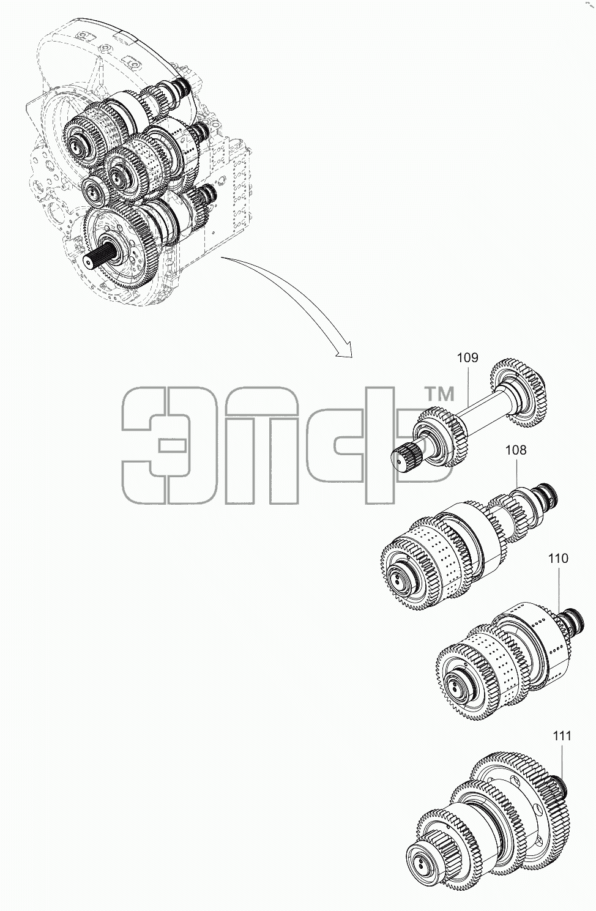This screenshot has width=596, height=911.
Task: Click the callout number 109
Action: [467, 358]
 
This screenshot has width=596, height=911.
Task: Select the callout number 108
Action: [516, 450]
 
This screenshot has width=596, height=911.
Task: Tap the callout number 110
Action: [558, 559]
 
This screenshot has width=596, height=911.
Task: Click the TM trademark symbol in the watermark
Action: [439, 394]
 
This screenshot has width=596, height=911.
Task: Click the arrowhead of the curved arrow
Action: [345, 351]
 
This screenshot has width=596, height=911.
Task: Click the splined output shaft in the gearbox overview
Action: [102, 257]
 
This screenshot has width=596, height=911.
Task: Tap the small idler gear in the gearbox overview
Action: [94, 190]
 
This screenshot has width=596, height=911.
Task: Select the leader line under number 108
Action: [516, 473]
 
